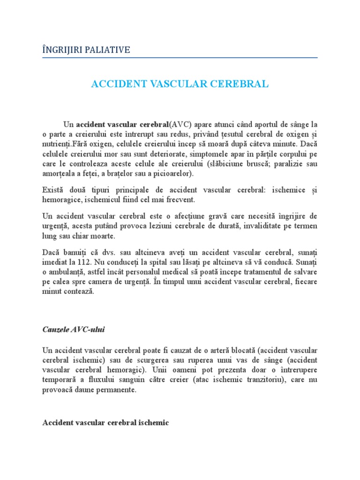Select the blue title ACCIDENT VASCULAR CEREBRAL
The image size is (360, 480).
tap(180, 84)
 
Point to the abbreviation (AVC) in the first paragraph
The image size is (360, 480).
tap(179, 125)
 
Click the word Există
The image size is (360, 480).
tap(54, 190)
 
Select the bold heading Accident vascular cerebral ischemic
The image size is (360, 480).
tap(105, 422)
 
